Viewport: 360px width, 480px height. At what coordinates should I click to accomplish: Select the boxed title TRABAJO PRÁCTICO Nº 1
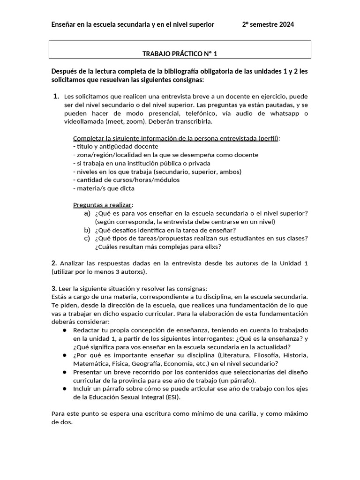tap(180, 54)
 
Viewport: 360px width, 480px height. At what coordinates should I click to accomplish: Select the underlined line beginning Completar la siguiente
tap(177, 138)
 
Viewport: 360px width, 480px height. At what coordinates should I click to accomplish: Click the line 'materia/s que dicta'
tap(104, 188)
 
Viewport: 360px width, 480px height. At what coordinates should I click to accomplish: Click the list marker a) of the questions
tap(87, 213)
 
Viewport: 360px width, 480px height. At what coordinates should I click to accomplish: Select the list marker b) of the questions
tap(87, 230)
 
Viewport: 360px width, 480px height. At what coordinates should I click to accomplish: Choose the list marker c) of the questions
tap(87, 238)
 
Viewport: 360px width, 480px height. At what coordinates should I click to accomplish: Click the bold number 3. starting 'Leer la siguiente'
tap(54, 288)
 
